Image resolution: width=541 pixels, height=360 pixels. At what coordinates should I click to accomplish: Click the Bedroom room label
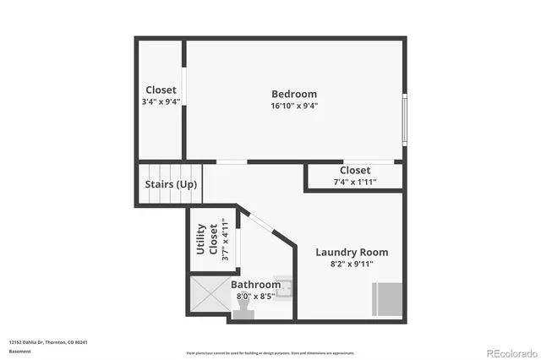click(x=294, y=94)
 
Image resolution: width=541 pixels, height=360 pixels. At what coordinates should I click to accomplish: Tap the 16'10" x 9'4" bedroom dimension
click(x=294, y=106)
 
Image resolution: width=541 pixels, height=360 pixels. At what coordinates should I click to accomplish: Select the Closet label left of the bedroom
click(x=161, y=90)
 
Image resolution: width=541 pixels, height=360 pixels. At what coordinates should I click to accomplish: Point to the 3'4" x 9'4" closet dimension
click(x=161, y=101)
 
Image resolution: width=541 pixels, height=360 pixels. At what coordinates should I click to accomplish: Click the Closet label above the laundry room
click(x=355, y=171)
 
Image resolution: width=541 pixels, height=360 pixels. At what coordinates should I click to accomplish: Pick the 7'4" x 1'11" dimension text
click(x=355, y=182)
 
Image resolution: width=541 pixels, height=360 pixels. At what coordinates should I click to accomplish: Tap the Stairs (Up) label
click(x=172, y=184)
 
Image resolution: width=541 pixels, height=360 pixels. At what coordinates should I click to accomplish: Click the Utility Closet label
click(x=206, y=239)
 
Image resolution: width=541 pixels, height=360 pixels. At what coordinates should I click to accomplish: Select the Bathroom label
click(x=255, y=285)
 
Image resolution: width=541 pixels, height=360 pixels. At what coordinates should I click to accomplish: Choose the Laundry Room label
click(x=352, y=252)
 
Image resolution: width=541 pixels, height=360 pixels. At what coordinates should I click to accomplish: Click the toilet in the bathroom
click(x=247, y=312)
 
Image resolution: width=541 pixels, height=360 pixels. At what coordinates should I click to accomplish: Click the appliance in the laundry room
click(x=388, y=298)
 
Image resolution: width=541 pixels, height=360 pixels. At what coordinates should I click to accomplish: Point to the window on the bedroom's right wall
click(x=405, y=119)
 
